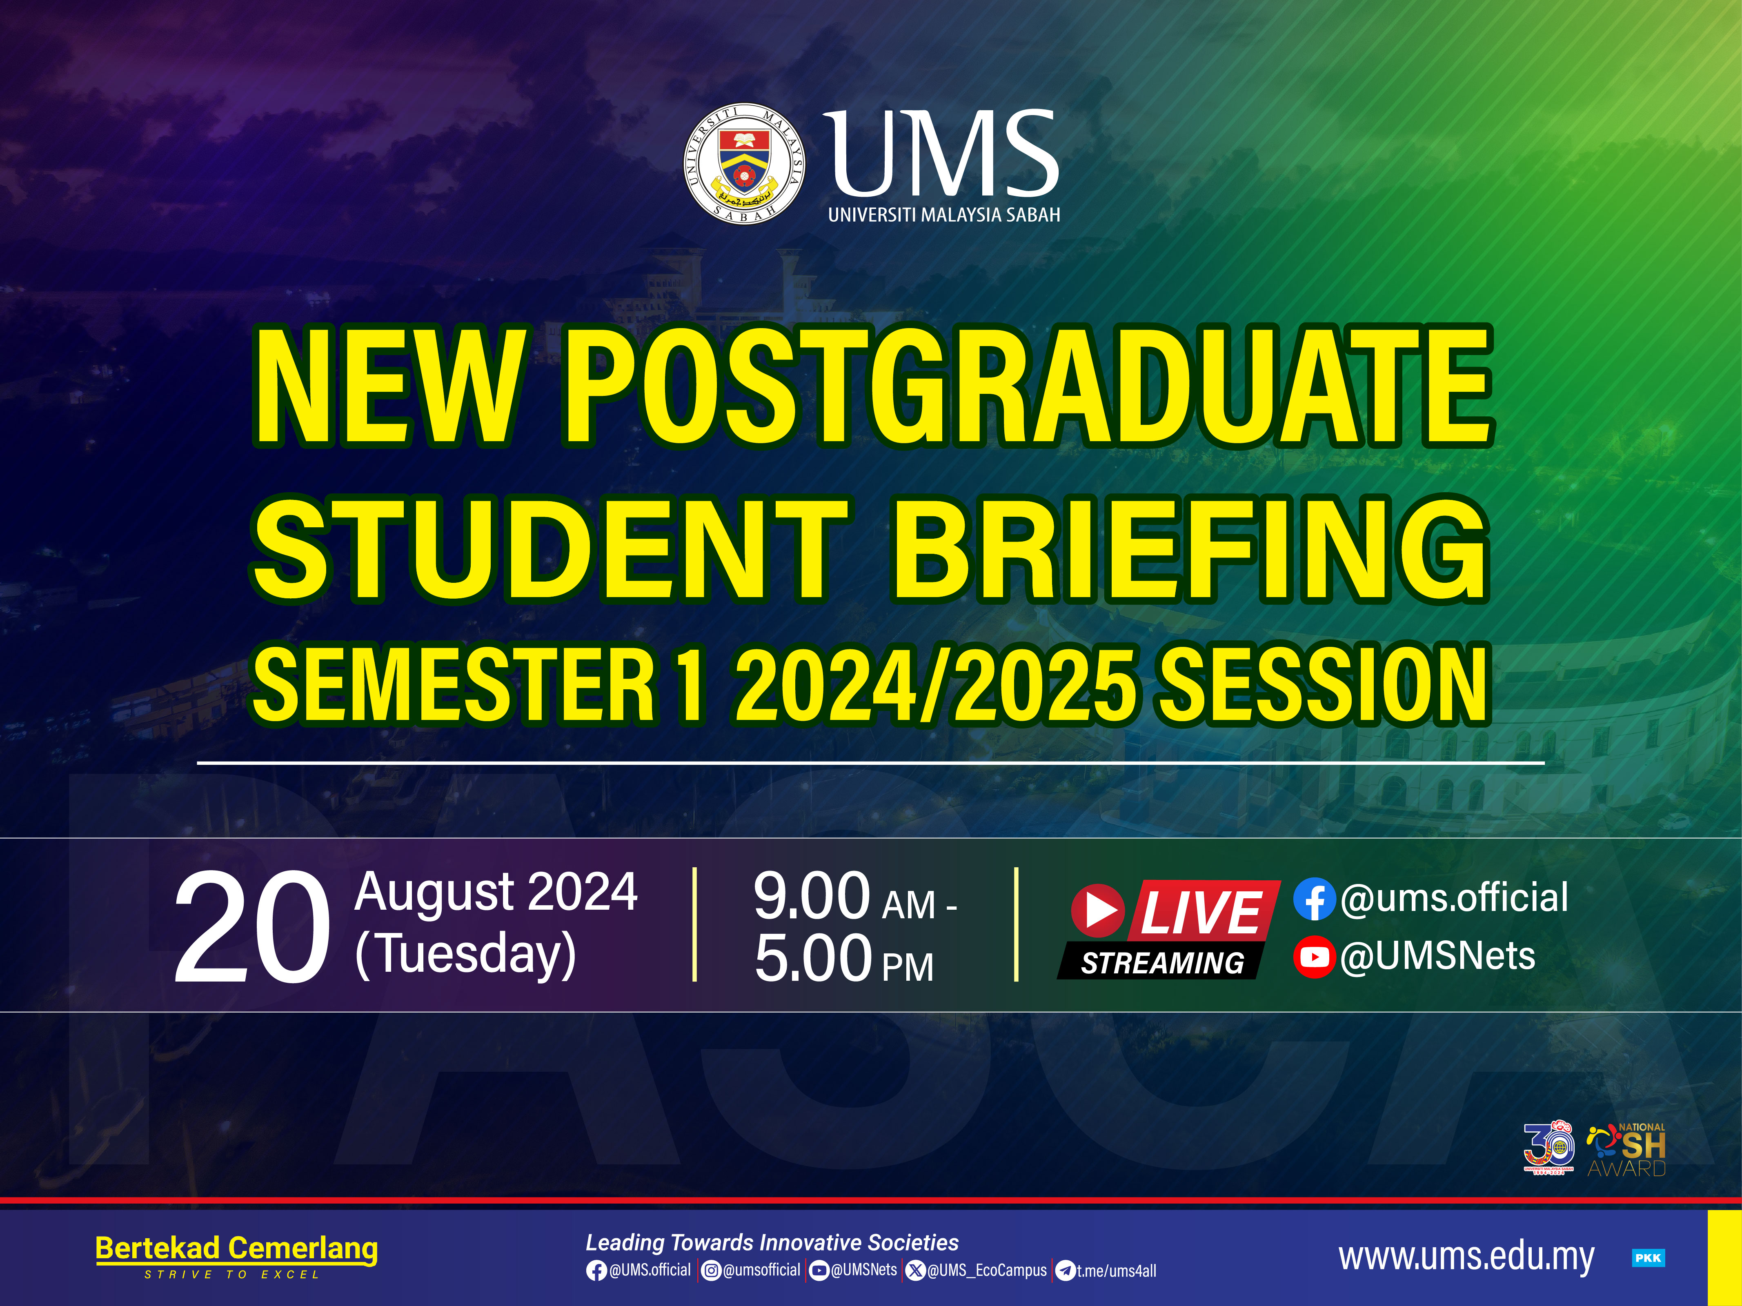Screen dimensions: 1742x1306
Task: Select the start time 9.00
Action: [811, 896]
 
